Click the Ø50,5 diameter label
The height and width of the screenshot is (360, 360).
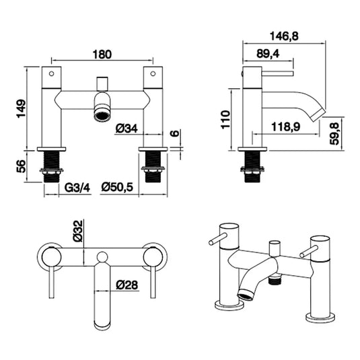(120, 188)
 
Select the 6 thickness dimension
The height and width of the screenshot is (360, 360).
(175, 133)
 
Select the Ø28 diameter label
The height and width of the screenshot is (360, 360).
(126, 285)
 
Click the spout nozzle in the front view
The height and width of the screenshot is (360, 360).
(101, 113)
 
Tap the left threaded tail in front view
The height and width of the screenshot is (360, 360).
(52, 169)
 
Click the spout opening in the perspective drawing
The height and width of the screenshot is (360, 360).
(245, 294)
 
